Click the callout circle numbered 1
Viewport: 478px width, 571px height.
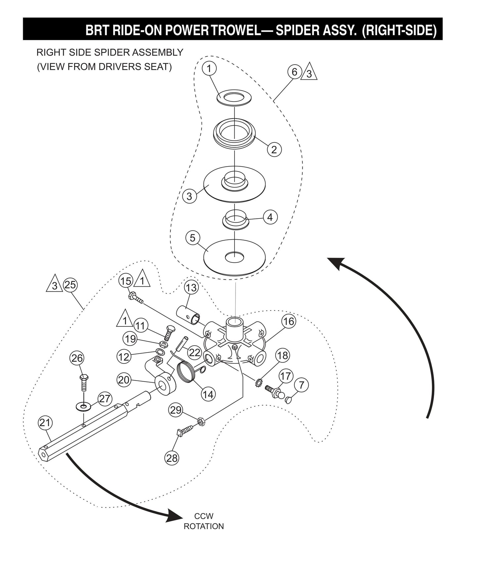tap(209, 69)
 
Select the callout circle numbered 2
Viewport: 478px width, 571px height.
tap(274, 149)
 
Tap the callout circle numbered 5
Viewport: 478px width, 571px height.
tap(193, 238)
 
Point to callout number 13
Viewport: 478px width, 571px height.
tap(191, 288)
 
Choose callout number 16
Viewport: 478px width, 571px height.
tap(288, 321)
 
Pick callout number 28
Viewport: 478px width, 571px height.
tap(172, 458)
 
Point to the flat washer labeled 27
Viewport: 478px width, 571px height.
tap(84, 405)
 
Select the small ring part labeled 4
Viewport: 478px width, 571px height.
tap(235, 219)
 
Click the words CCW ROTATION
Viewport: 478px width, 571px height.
tap(204, 521)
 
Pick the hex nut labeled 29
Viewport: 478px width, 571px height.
tap(200, 421)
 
